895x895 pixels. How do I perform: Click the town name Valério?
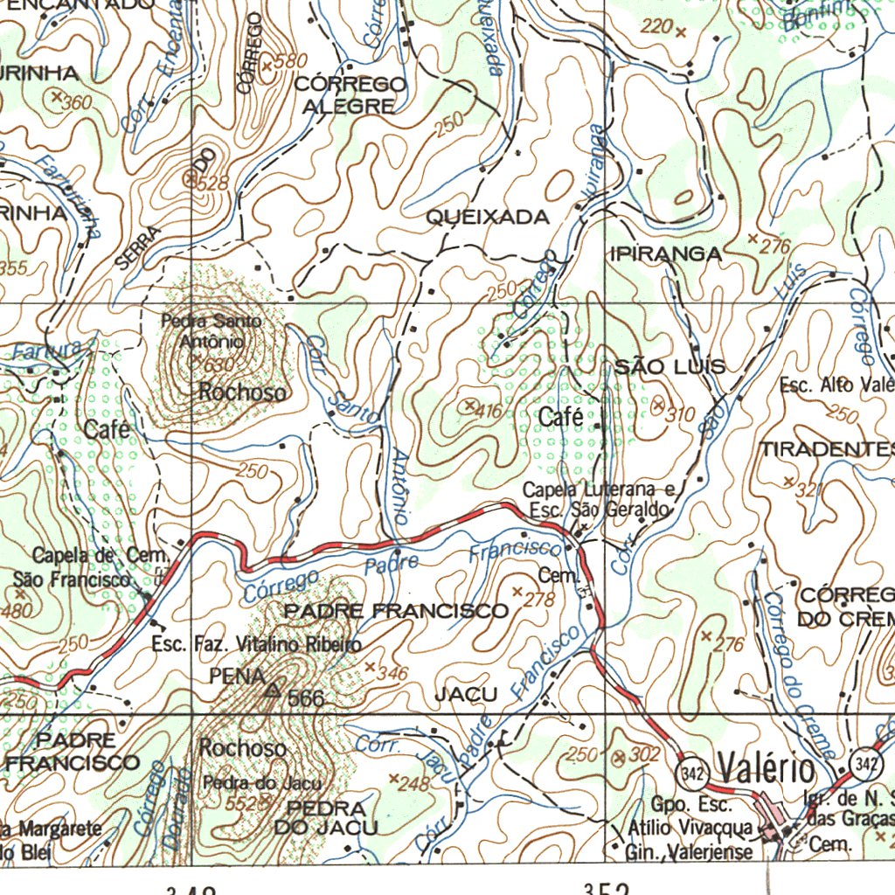coord(767,770)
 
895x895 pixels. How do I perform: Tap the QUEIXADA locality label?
coord(488,218)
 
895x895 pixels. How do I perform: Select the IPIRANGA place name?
coord(667,254)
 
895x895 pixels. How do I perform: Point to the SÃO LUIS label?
coord(670,366)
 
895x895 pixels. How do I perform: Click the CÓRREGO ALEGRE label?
coord(350,95)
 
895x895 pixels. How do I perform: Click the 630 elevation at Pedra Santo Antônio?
coord(219,364)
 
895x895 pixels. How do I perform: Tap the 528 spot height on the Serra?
coord(212,183)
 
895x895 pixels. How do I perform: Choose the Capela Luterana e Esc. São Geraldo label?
coord(599,499)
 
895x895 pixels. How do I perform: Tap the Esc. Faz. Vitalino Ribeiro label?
coord(256,645)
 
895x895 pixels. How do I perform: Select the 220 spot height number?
coord(656,28)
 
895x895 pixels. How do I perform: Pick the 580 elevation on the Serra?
coord(291,61)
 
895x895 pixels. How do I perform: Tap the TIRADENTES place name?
coord(827,449)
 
